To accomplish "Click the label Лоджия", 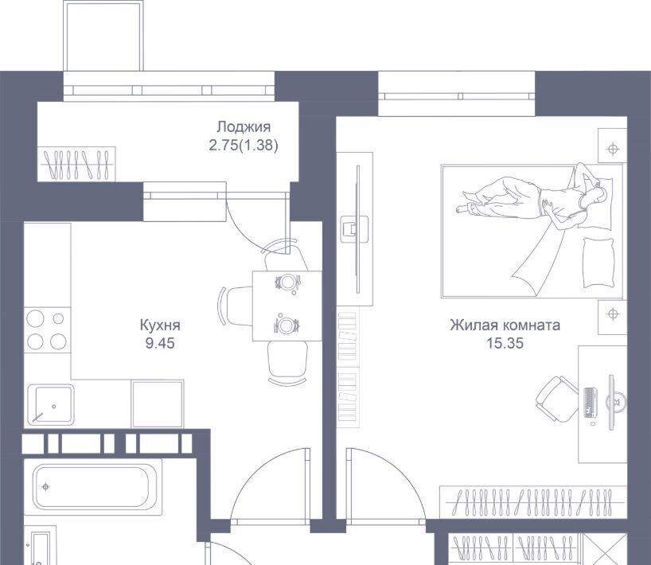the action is [x=244, y=127].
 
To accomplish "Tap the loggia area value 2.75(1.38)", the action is [x=244, y=146].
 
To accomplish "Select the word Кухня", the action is [x=160, y=325].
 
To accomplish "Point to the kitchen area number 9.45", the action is [x=160, y=343].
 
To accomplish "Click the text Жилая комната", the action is [x=505, y=325].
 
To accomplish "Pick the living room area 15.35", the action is [x=505, y=343].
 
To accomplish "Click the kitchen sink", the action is [x=51, y=405].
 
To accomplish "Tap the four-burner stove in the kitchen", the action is [x=47, y=330].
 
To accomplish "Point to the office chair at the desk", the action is [x=557, y=399].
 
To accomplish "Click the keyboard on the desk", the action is [x=591, y=403].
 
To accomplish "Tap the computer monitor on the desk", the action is [x=612, y=402].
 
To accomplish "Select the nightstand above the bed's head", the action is [x=612, y=146].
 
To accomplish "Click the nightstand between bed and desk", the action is [x=612, y=318].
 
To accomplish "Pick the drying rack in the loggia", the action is [x=77, y=164].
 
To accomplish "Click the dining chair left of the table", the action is [x=236, y=306].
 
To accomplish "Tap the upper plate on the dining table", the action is [x=287, y=282].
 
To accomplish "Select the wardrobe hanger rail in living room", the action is [x=532, y=502].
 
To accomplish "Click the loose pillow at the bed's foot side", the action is [x=598, y=263].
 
